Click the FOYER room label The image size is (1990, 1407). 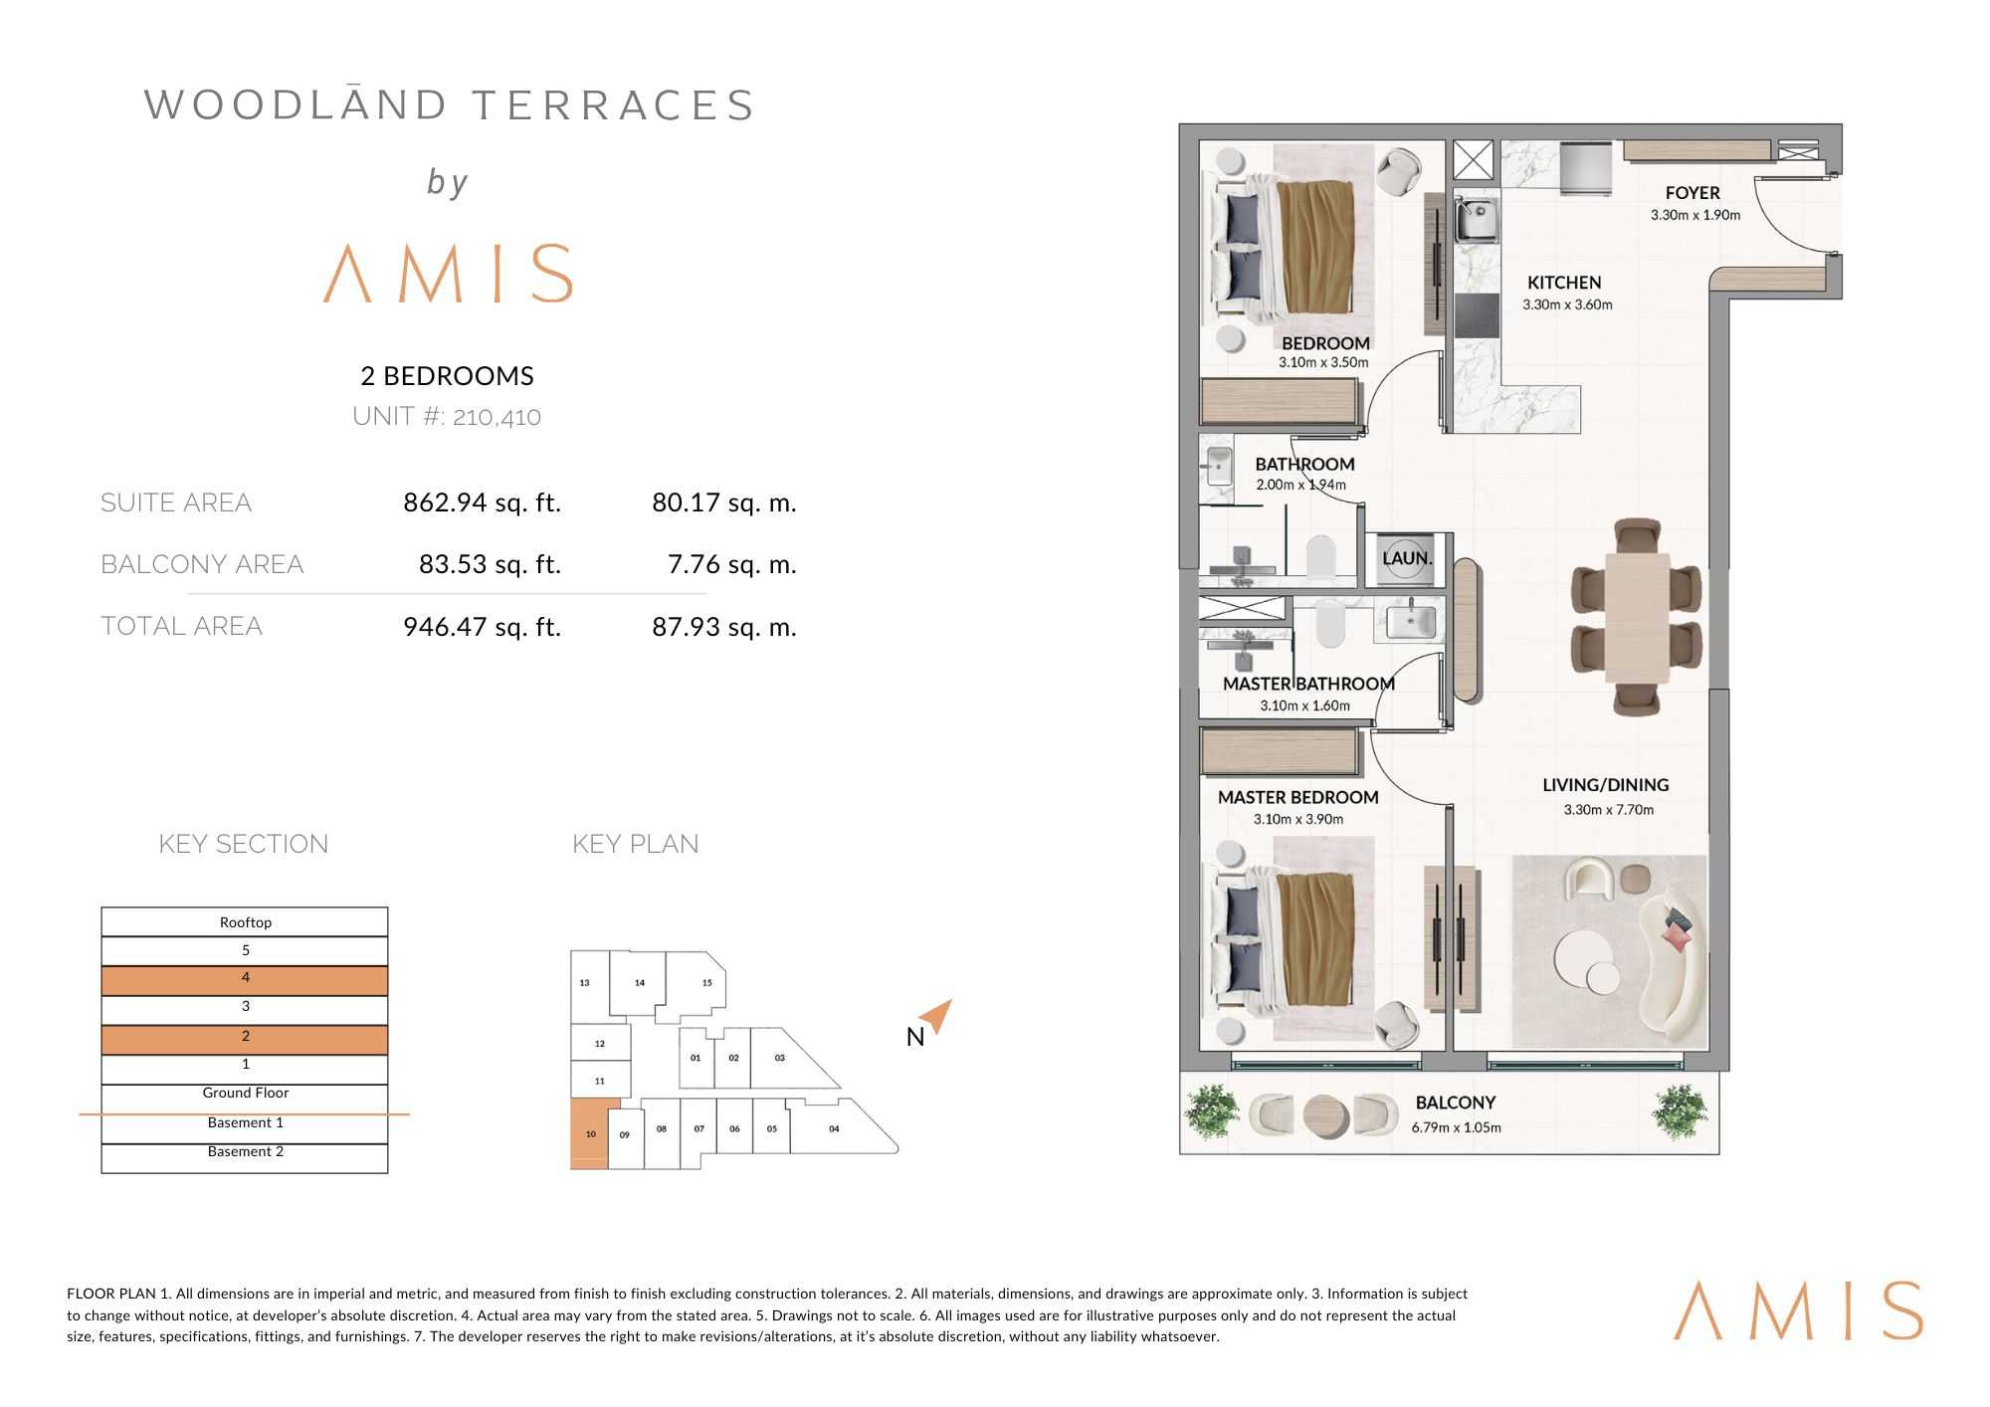point(1692,193)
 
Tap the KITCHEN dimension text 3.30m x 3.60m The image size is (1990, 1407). point(1567,304)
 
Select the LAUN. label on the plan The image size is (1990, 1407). point(1407,558)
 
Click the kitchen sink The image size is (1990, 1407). point(1478,221)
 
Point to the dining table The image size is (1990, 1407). point(1637,618)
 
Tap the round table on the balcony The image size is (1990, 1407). point(1323,1116)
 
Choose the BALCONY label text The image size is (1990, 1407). point(1455,1103)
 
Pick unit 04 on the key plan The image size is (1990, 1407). point(836,1127)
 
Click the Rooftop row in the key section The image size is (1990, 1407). point(245,921)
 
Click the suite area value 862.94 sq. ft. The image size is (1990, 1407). point(482,502)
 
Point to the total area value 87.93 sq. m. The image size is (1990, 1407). point(724,627)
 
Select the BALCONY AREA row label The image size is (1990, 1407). point(202,564)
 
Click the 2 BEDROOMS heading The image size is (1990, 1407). point(447,375)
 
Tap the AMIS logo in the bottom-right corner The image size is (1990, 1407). point(1798,1309)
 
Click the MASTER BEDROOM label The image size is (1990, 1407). point(1297,797)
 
